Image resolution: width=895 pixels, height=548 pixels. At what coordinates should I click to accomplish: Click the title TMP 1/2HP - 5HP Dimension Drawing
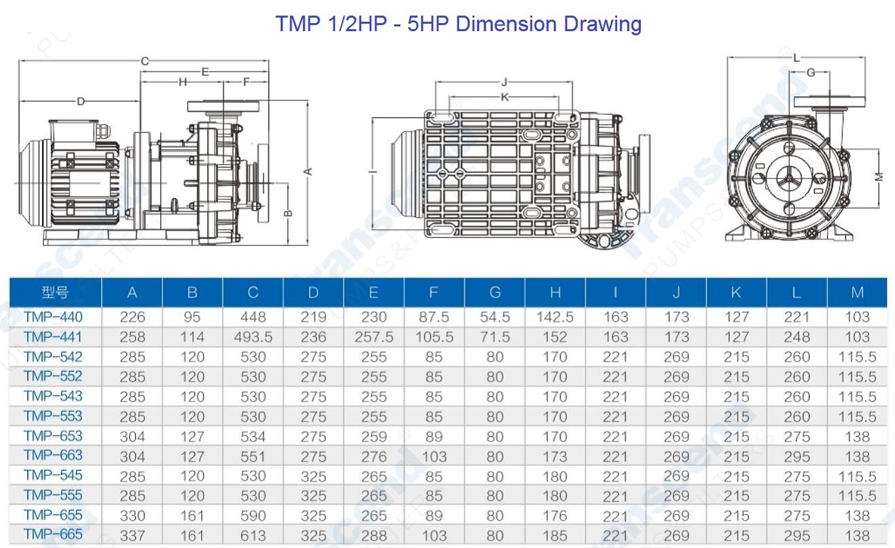tap(458, 24)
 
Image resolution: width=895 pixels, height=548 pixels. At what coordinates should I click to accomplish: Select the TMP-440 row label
tap(53, 317)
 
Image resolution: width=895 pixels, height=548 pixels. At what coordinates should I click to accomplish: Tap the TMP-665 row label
tap(53, 534)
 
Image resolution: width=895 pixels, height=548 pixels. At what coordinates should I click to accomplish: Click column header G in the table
tap(495, 293)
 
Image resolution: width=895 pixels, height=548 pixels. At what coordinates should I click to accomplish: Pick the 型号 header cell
tap(55, 293)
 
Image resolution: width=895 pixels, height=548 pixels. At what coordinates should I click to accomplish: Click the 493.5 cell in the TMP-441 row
tap(253, 337)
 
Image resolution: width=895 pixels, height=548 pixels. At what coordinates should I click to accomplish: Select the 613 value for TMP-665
tap(253, 536)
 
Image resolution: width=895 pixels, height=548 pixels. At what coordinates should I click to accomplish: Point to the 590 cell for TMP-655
tap(253, 516)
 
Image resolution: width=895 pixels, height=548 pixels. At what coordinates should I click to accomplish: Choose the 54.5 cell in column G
tap(495, 317)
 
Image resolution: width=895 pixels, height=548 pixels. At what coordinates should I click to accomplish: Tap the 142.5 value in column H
tap(555, 317)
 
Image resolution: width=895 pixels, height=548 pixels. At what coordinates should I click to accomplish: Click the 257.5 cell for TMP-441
tap(373, 337)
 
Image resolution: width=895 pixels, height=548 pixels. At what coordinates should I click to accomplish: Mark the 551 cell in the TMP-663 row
tap(253, 456)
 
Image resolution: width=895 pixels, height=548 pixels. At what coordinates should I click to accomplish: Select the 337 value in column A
tap(132, 536)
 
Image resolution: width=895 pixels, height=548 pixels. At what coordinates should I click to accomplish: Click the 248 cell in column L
tap(797, 337)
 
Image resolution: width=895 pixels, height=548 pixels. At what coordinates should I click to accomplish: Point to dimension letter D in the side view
tap(80, 102)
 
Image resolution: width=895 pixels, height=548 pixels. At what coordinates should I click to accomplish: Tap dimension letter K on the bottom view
tap(505, 97)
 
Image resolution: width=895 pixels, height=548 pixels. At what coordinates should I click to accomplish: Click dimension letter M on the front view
tap(879, 176)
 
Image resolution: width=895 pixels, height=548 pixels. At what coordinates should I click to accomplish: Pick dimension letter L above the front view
tap(797, 58)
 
